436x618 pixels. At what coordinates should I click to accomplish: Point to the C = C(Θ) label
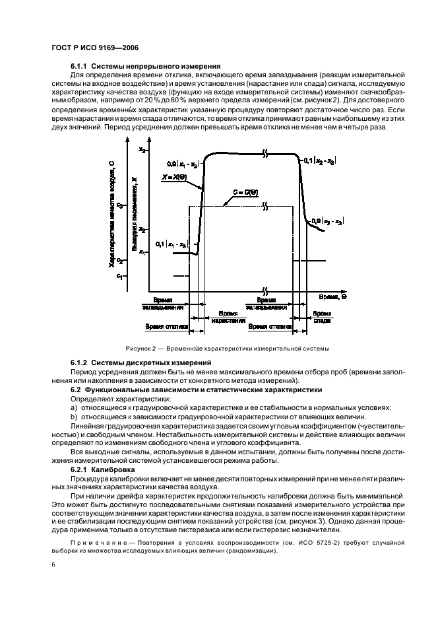pos(244,193)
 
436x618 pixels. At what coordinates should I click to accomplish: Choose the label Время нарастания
pos(228,316)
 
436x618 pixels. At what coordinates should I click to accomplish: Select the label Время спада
pos(322,316)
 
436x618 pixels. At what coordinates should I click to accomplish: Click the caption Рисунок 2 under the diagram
pos(141,348)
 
